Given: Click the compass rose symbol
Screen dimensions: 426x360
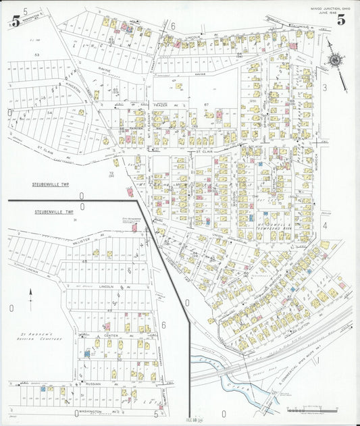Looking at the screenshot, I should click(x=334, y=59).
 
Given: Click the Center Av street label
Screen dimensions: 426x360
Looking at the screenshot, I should click(x=111, y=336).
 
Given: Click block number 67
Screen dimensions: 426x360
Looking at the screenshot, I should click(x=207, y=105).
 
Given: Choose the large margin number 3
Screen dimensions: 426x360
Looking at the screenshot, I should click(x=324, y=87).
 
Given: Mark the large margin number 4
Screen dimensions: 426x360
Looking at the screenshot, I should click(x=324, y=225).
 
